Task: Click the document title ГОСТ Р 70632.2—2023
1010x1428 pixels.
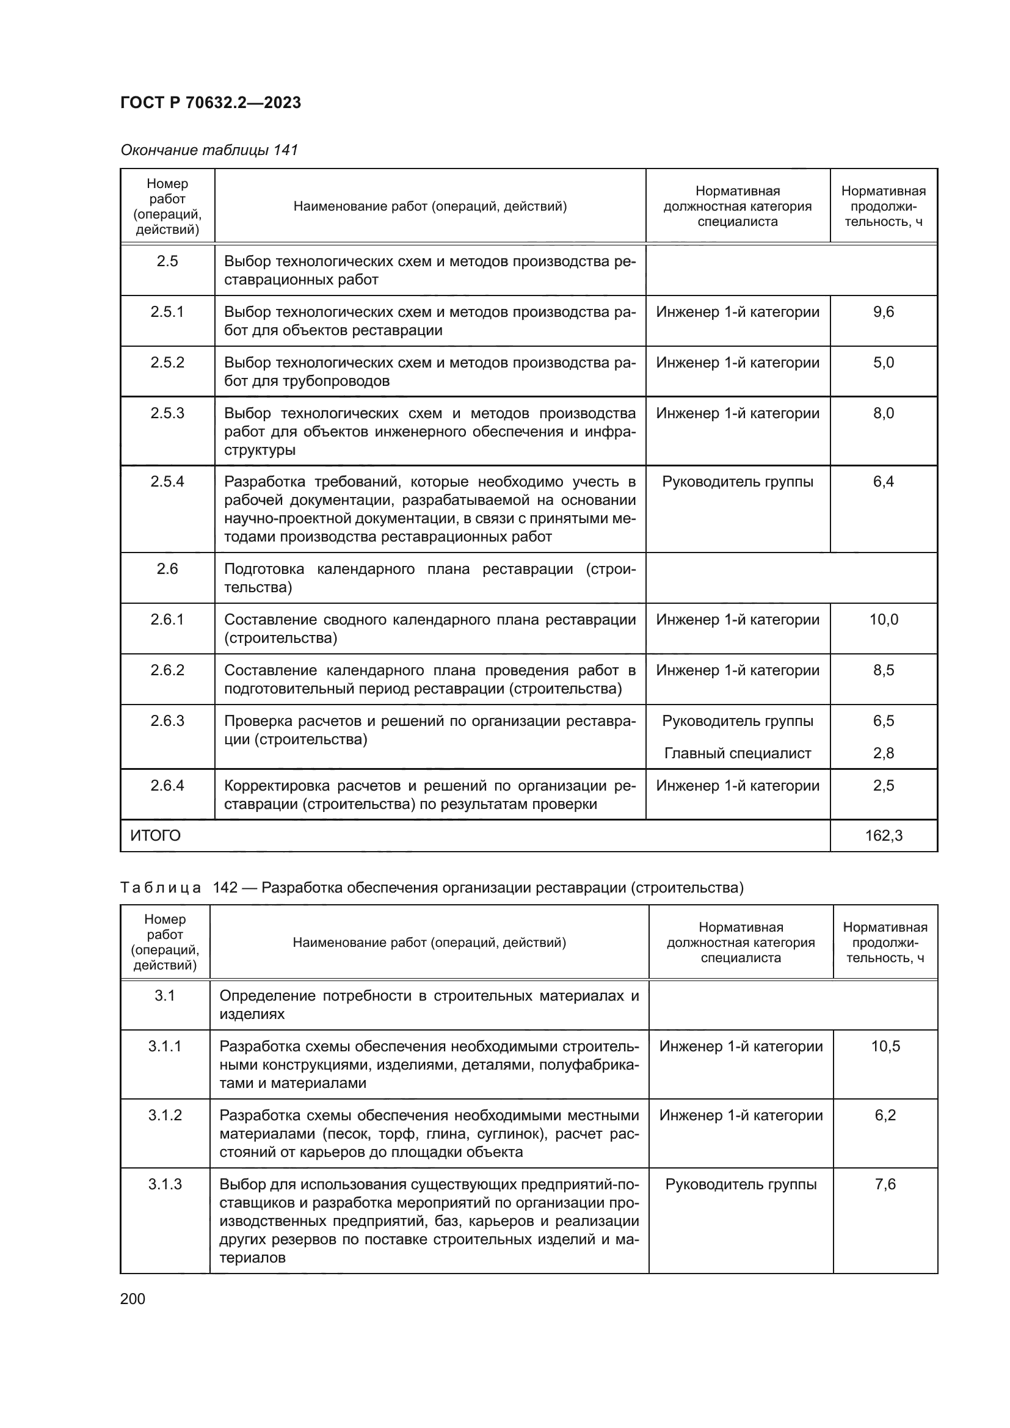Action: [210, 103]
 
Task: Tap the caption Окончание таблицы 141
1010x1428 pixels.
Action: [209, 150]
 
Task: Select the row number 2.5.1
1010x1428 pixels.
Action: [167, 311]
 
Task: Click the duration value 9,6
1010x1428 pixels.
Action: [883, 311]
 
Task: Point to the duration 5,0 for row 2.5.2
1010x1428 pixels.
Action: [883, 363]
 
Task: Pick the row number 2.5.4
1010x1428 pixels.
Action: [167, 481]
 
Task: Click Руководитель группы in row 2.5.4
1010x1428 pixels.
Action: [738, 481]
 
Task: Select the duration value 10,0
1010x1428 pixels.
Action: [883, 620]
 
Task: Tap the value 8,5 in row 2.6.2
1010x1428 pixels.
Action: [883, 670]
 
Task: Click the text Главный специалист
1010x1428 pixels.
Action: [738, 753]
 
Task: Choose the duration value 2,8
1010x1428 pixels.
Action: [883, 753]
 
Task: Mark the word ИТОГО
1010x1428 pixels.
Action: [156, 835]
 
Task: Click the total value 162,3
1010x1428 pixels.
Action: [883, 835]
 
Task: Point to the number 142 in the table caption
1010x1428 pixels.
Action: [225, 888]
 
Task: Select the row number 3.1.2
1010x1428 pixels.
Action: [165, 1115]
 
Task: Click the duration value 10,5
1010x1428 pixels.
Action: [885, 1046]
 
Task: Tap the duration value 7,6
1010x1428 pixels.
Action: [885, 1184]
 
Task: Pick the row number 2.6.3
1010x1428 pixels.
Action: [167, 721]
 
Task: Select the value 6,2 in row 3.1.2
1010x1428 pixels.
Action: [885, 1115]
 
